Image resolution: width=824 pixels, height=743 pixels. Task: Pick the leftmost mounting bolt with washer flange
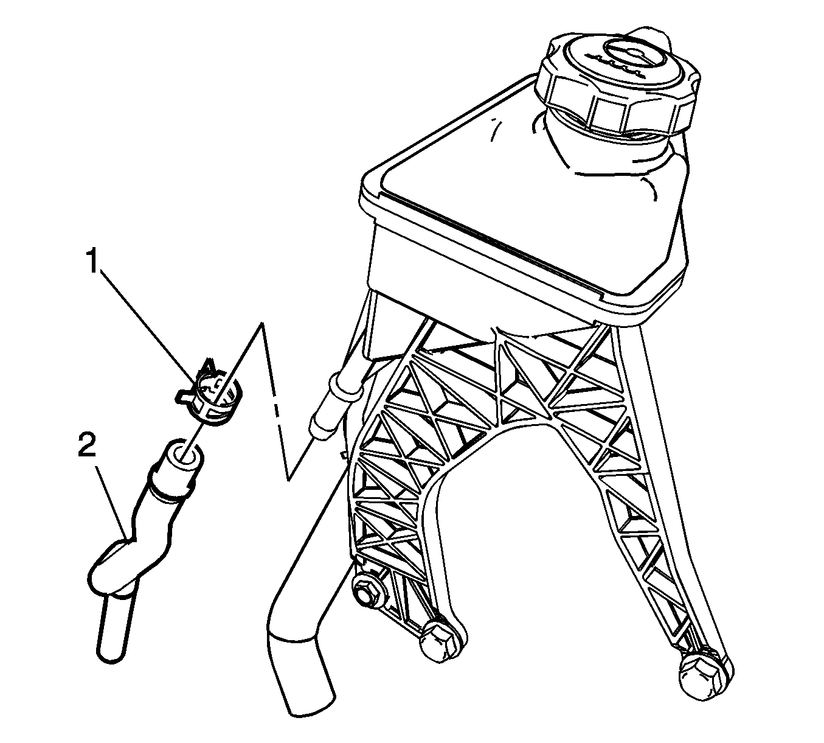pos(366,596)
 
